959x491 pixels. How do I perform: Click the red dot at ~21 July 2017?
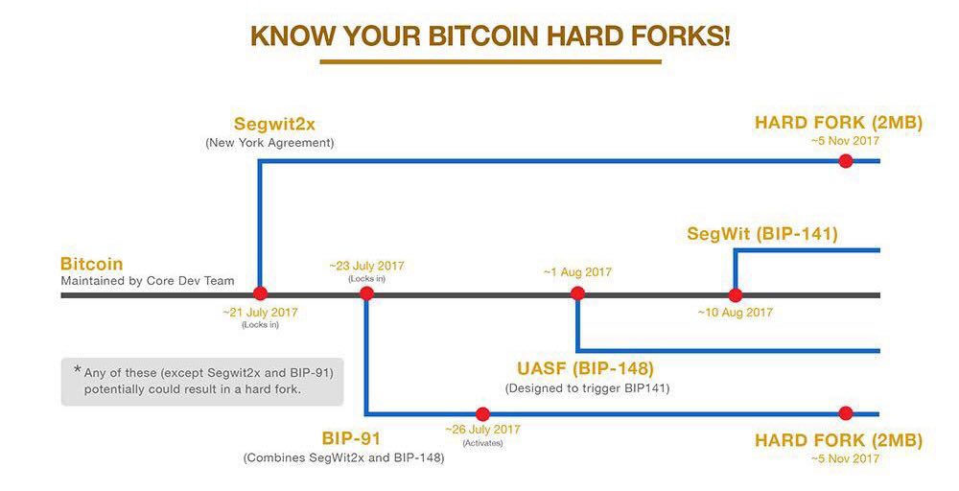[261, 292]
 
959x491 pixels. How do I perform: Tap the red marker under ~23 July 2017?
[366, 292]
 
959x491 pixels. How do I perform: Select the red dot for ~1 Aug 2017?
[577, 293]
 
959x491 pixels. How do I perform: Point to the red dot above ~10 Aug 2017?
[736, 295]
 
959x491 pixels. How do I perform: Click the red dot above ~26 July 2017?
[482, 414]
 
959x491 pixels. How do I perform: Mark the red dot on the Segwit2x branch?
[846, 161]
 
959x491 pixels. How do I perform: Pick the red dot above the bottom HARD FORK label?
[846, 413]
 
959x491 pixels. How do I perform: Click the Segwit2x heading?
[274, 124]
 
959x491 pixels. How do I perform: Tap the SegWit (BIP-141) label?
[762, 234]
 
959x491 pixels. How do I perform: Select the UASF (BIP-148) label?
[585, 368]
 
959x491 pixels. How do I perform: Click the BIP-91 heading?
[351, 438]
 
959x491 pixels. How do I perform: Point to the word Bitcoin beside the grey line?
[92, 264]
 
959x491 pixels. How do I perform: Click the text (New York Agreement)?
[269, 143]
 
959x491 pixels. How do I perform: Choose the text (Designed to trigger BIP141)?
[587, 388]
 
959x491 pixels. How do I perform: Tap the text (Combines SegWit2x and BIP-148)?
[343, 458]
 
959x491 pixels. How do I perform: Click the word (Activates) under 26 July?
[482, 443]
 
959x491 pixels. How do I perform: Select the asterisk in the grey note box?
[77, 370]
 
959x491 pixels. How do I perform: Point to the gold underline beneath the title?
[490, 61]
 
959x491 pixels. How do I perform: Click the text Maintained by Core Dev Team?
[148, 281]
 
